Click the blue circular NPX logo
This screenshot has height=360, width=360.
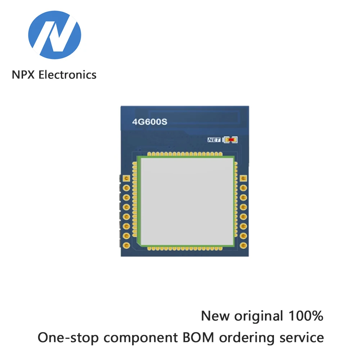(55, 35)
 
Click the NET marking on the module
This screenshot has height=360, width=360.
(213, 140)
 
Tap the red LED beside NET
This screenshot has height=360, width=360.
(231, 140)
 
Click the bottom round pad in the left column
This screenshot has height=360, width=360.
(126, 245)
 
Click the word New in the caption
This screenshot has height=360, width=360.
(215, 316)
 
